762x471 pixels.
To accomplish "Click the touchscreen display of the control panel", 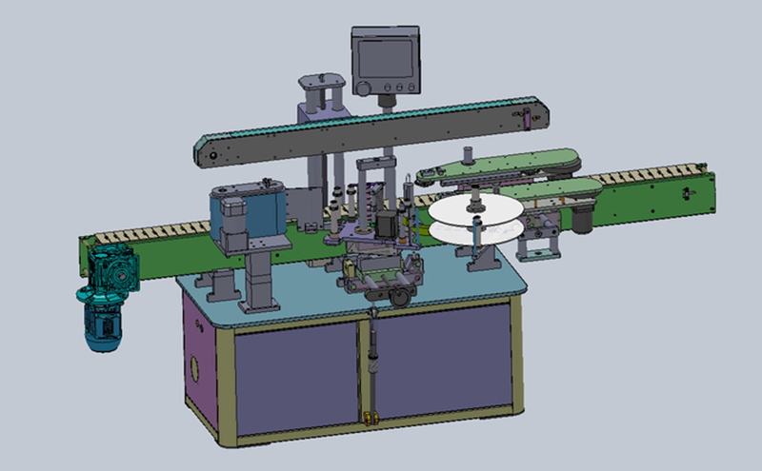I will [386, 52].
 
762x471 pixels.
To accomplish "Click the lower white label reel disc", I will [473, 231].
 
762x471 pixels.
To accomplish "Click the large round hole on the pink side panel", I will [197, 364].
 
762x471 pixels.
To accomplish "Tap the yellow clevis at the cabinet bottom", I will [368, 416].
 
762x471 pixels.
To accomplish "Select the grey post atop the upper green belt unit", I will [468, 155].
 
